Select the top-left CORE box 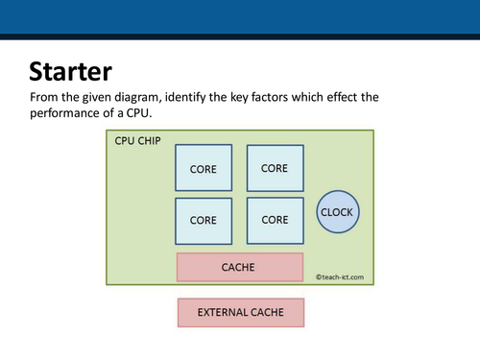[203, 168]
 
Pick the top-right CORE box [275, 168]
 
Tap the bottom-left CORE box [203, 219]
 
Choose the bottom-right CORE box [275, 219]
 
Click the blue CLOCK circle [336, 212]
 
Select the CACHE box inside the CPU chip [239, 267]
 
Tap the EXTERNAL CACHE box [240, 312]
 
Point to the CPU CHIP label [138, 141]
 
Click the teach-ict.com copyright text [341, 277]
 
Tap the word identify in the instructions [200, 98]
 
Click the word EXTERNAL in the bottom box [220, 312]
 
